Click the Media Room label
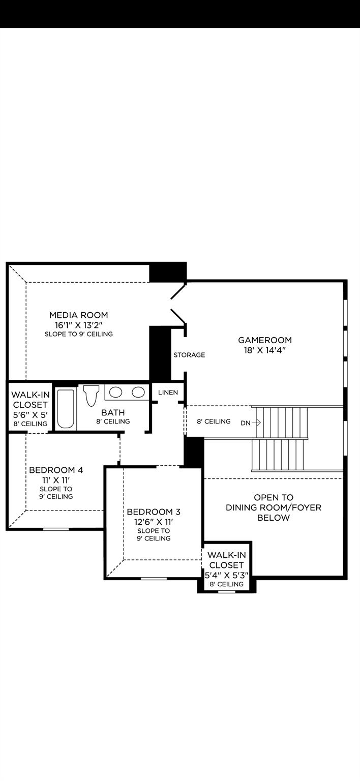78,315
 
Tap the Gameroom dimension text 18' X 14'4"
265,350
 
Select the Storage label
189,355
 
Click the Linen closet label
168,393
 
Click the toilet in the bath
91,395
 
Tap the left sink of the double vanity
116,392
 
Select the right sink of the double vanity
138,392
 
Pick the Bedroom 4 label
56,470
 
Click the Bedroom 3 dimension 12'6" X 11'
154,522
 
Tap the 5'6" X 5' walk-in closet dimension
31,414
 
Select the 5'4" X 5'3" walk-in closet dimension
226,575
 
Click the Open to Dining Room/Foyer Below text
274,507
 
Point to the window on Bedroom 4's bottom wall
56,529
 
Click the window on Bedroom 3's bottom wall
154,578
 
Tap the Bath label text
113,412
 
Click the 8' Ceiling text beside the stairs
214,422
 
